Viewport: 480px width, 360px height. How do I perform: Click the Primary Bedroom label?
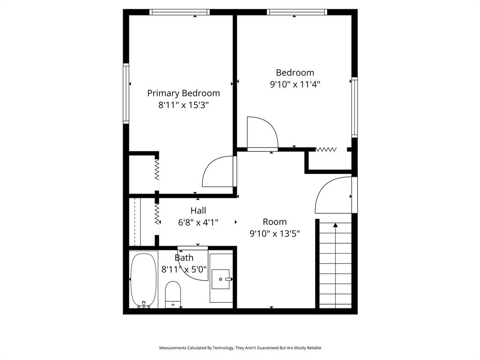coord(183,93)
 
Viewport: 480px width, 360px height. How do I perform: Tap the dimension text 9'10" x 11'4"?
coord(295,84)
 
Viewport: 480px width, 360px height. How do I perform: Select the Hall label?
coord(198,211)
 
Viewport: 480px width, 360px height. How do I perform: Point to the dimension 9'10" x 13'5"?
coord(275,233)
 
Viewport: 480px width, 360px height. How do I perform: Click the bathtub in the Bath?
coord(143,280)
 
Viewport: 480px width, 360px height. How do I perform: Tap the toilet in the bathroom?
coord(173,293)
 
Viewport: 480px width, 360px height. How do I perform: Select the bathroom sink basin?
coord(220,279)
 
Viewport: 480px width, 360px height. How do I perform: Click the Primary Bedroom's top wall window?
coord(179,12)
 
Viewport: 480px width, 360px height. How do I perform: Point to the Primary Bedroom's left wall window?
coord(126,93)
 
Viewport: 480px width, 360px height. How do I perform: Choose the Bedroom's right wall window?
coord(354,107)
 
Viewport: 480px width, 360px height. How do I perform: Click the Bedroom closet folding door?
coord(327,150)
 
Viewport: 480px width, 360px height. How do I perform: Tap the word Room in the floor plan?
coord(275,222)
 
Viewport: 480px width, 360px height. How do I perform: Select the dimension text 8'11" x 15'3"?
coord(183,105)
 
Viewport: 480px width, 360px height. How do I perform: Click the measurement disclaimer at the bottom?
coord(240,348)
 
